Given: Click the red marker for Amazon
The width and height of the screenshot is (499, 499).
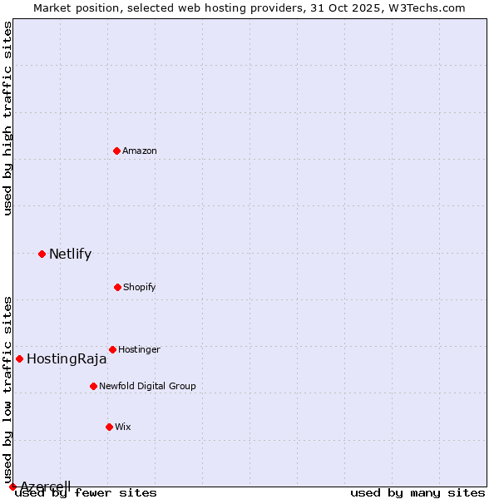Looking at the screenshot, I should pyautogui.click(x=117, y=151).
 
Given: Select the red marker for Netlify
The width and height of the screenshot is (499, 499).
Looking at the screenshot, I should pyautogui.click(x=42, y=254).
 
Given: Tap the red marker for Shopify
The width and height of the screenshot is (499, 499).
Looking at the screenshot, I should pyautogui.click(x=117, y=287).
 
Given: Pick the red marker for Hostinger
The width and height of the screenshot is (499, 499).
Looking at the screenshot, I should pyautogui.click(x=112, y=349).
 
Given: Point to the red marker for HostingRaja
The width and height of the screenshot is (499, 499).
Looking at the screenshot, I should pyautogui.click(x=19, y=358).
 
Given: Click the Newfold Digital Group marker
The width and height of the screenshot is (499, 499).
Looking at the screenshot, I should pyautogui.click(x=93, y=386).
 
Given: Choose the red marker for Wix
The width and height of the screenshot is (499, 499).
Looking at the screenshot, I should pyautogui.click(x=109, y=427).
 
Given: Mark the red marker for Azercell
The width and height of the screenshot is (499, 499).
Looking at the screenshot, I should pyautogui.click(x=12, y=487).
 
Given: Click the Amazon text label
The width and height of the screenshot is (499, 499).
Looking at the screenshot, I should pyautogui.click(x=140, y=151).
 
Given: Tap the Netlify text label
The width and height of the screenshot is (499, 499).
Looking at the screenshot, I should pyautogui.click(x=70, y=254).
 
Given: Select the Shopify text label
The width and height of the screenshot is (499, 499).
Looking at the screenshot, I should pyautogui.click(x=140, y=288).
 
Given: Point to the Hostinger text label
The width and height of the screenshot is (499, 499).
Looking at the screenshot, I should pyautogui.click(x=139, y=350).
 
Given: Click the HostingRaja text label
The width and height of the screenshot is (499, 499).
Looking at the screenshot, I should pyautogui.click(x=67, y=359).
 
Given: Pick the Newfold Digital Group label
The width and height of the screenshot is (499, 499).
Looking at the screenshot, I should pyautogui.click(x=147, y=387).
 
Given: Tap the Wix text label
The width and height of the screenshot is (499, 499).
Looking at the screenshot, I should pyautogui.click(x=123, y=427).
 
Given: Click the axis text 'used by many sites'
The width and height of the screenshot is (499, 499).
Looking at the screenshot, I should pyautogui.click(x=417, y=492).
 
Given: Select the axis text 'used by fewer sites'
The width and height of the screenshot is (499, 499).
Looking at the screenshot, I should pyautogui.click(x=86, y=492).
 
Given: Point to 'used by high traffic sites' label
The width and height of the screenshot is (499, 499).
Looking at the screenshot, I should pyautogui.click(x=8, y=119).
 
